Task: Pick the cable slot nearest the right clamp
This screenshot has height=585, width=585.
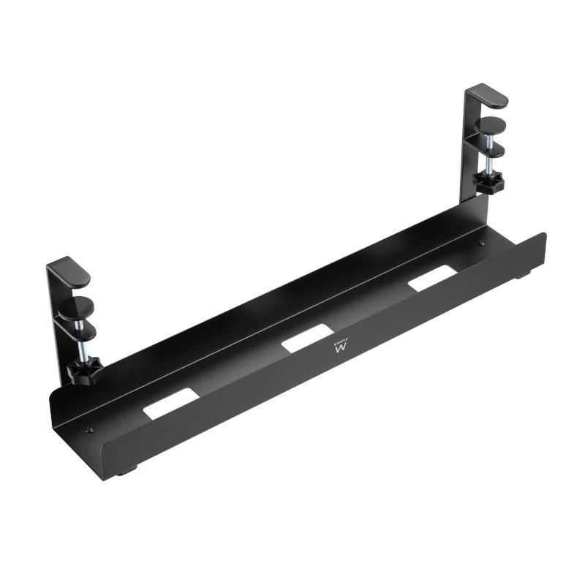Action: [433, 279]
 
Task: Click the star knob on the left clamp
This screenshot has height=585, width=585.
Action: [83, 371]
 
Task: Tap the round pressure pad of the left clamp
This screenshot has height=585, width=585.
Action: [74, 305]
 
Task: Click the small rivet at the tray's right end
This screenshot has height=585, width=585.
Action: [482, 244]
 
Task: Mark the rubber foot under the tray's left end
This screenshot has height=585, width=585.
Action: [126, 472]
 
